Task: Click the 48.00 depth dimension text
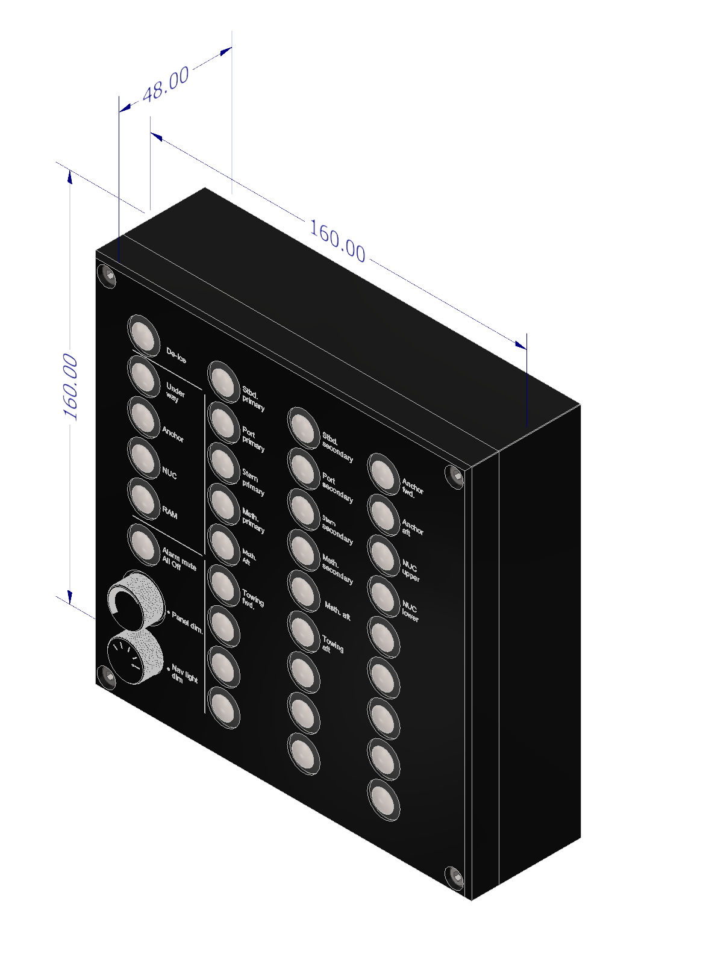166,84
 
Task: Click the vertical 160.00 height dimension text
70,387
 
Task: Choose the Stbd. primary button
223,381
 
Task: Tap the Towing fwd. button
223,585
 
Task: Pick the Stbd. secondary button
304,428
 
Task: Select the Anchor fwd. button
384,474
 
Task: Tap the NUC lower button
384,596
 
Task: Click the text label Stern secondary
337,529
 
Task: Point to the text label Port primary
253,439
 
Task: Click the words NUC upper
411,571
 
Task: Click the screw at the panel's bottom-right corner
455,876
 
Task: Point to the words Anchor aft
412,528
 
